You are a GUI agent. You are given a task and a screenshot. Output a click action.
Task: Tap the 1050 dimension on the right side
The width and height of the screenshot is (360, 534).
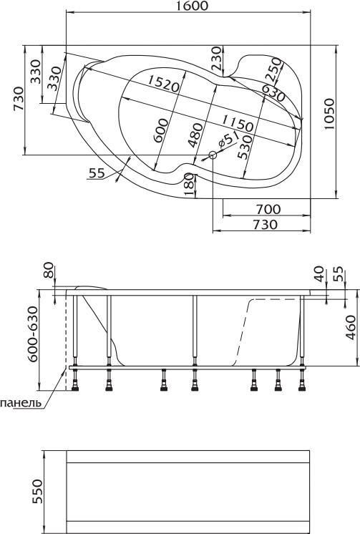tap(329, 114)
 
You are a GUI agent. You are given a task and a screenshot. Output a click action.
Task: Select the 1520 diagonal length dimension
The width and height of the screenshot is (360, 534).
tap(163, 84)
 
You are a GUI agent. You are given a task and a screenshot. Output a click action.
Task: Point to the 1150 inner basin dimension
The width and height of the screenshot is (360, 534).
tap(238, 123)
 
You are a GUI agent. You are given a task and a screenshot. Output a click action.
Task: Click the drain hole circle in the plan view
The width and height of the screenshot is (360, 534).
tap(213, 155)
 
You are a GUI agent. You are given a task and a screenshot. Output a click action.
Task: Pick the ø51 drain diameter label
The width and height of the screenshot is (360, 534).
tap(228, 140)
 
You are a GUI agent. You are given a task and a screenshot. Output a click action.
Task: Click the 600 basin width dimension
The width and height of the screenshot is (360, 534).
tap(160, 131)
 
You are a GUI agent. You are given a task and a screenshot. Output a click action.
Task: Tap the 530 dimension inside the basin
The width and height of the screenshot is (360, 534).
tap(245, 147)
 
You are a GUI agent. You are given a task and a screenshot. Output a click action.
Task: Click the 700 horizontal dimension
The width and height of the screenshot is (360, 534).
tap(268, 209)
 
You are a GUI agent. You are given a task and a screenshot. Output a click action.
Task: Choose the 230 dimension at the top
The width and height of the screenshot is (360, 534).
tap(216, 59)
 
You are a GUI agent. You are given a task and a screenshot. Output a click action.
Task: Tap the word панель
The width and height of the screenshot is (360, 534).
tap(21, 403)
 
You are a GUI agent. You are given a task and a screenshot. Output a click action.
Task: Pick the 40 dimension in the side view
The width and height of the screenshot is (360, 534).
tap(319, 274)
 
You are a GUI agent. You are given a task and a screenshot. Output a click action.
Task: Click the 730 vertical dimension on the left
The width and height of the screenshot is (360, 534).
tap(19, 99)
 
